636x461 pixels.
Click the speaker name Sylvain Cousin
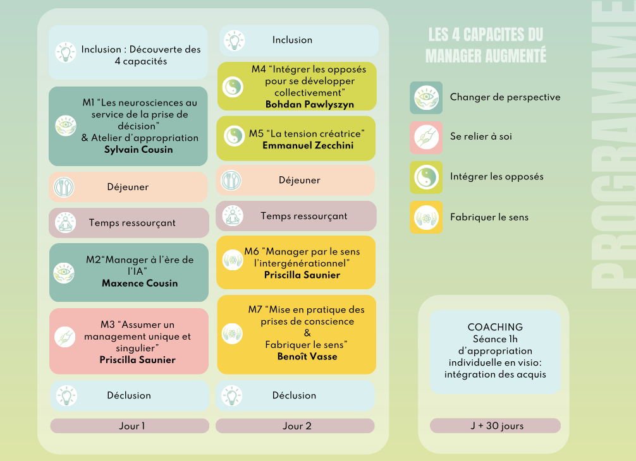pos(138,150)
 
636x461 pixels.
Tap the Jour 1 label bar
pos(130,426)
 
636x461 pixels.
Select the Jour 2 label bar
pos(295,426)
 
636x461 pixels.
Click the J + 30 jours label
pos(495,426)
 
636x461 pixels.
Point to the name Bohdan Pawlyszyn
pos(310,105)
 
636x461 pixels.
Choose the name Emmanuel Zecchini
pos(308,145)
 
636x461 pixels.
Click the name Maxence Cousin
pos(140,283)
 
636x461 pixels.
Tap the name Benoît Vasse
pos(307,356)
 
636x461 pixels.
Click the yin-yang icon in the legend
pos(426,177)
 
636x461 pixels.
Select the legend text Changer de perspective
pos(505,97)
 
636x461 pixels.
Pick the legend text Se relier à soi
pos(480,136)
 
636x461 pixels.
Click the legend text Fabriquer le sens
pos(489,217)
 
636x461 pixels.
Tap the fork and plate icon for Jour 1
pos(64,187)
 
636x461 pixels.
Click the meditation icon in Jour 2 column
pos(233,215)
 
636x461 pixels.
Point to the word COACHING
pos(495,327)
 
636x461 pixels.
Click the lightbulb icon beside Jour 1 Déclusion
pos(66,396)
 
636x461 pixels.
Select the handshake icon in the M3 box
pos(65,337)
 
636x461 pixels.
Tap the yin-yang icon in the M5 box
pos(234,136)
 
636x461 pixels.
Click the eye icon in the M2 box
pos(64,273)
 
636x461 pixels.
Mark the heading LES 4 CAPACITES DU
pos(486,35)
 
